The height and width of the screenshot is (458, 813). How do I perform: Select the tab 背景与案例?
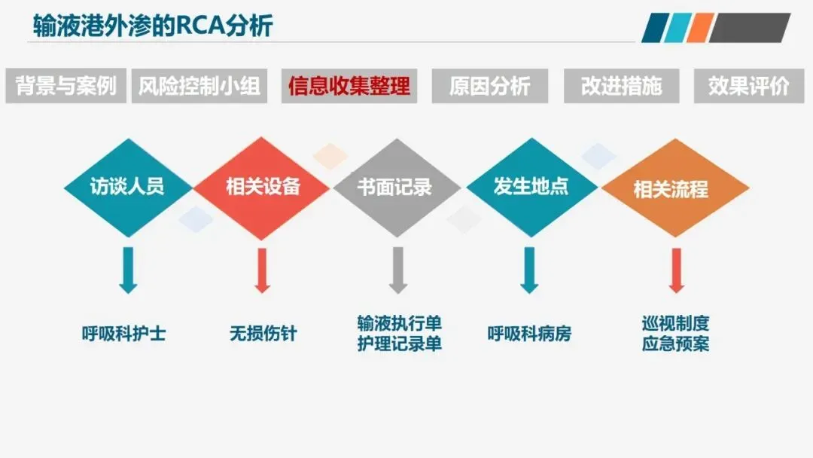pyautogui.click(x=66, y=86)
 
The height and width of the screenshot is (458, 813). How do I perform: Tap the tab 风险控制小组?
pyautogui.click(x=199, y=86)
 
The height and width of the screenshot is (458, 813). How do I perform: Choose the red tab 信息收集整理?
pyautogui.click(x=349, y=86)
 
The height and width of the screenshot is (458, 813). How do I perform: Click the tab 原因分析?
pyautogui.click(x=490, y=86)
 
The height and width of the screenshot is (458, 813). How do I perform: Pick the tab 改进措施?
pyautogui.click(x=622, y=86)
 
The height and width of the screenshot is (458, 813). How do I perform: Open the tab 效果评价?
pyautogui.click(x=749, y=86)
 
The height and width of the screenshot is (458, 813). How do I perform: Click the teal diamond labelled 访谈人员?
pyautogui.click(x=127, y=186)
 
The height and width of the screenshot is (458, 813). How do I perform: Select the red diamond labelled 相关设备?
pyautogui.click(x=263, y=187)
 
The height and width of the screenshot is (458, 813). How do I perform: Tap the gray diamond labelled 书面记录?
pyautogui.click(x=396, y=187)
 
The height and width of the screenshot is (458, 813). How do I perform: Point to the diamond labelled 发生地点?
pyautogui.click(x=531, y=186)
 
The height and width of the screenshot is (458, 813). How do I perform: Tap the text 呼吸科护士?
pyautogui.click(x=124, y=333)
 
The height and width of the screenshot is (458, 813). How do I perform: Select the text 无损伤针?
pyautogui.click(x=263, y=333)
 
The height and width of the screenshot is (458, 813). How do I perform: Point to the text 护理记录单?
pyautogui.click(x=399, y=344)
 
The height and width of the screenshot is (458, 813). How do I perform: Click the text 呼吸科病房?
pyautogui.click(x=529, y=333)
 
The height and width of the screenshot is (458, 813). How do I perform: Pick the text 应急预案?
pyautogui.click(x=675, y=344)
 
